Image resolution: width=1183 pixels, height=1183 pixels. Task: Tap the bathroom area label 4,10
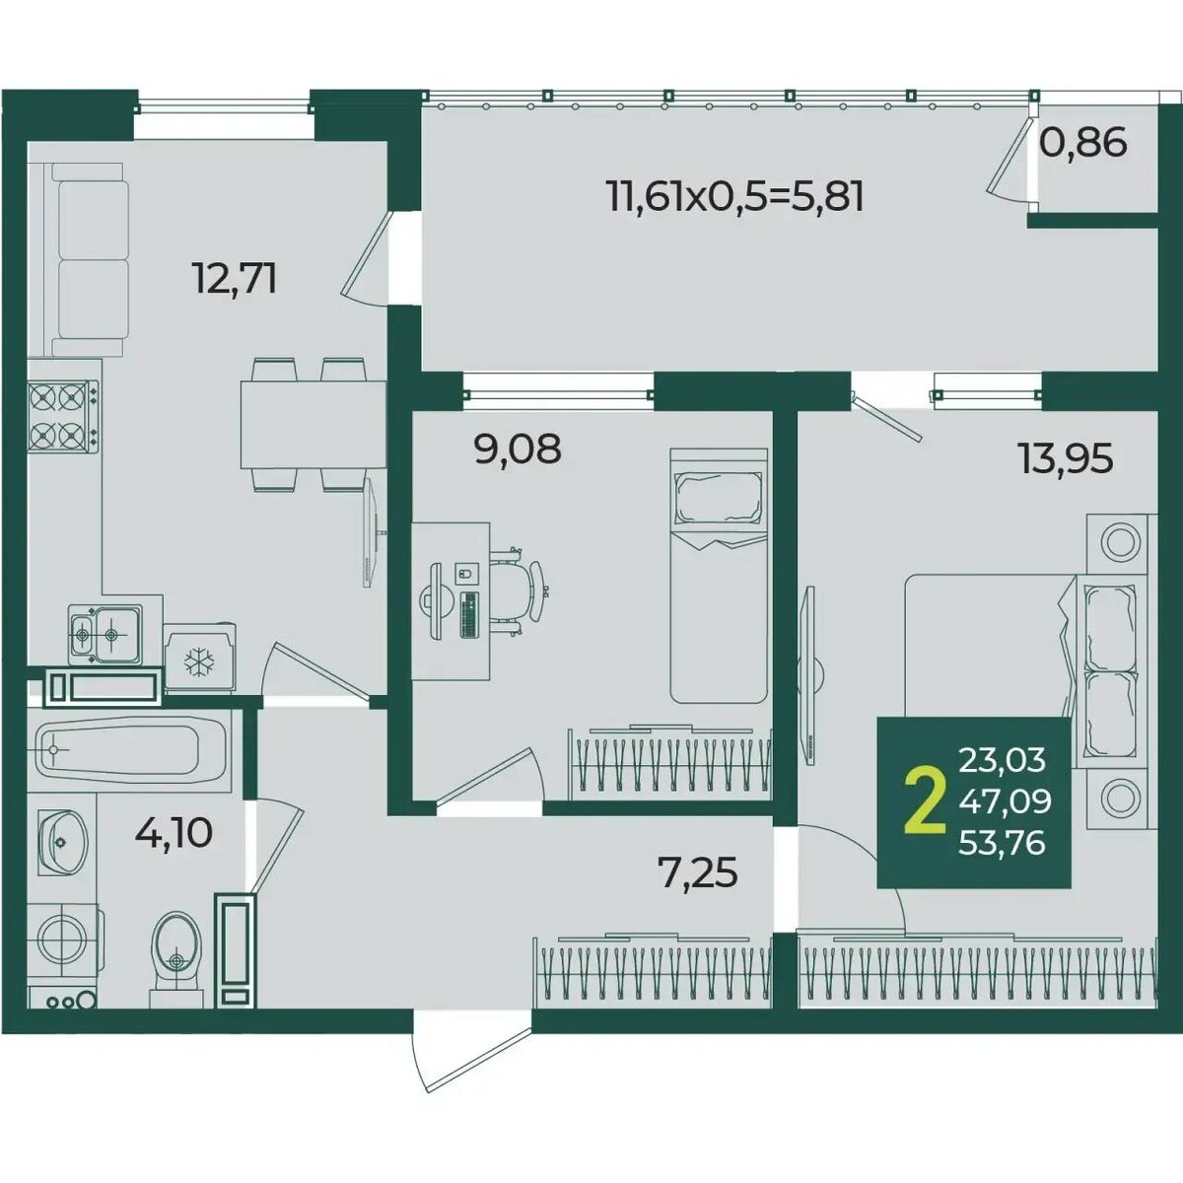pyautogui.click(x=174, y=833)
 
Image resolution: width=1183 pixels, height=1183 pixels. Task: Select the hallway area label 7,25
pyautogui.click(x=697, y=872)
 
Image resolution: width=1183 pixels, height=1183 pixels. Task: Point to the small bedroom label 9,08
pyautogui.click(x=518, y=449)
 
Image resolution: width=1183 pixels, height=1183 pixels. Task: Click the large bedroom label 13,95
pyautogui.click(x=1066, y=458)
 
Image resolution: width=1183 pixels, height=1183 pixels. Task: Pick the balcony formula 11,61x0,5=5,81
pyautogui.click(x=734, y=197)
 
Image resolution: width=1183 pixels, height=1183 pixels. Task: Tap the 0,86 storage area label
pyautogui.click(x=1083, y=142)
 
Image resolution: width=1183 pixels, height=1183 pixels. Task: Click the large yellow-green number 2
pyautogui.click(x=925, y=803)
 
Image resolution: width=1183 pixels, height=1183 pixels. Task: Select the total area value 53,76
pyautogui.click(x=1002, y=843)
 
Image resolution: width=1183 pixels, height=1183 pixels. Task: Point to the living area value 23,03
pyautogui.click(x=1002, y=759)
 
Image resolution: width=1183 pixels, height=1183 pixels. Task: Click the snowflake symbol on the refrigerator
pyautogui.click(x=199, y=661)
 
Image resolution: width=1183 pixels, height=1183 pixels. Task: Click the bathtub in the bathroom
pyautogui.click(x=129, y=749)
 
